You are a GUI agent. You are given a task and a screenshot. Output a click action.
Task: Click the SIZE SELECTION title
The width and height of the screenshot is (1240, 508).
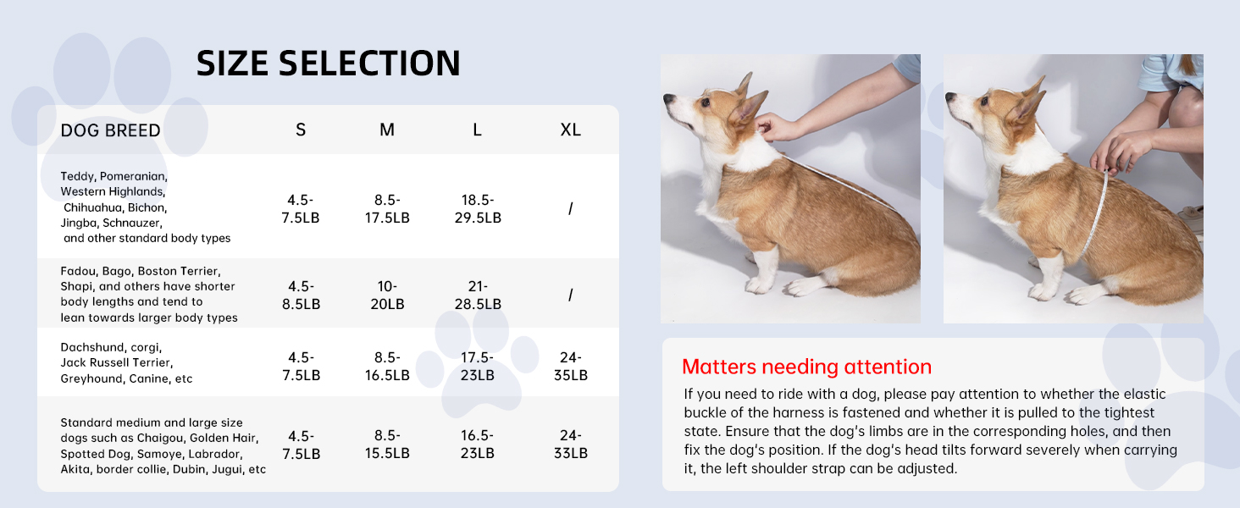[329, 63]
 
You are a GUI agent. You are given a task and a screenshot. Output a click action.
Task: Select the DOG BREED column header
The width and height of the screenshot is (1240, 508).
[111, 130]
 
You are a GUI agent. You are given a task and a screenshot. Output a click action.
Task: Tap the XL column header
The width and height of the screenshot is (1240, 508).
[570, 130]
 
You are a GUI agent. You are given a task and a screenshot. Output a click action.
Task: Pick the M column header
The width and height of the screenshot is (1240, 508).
[387, 130]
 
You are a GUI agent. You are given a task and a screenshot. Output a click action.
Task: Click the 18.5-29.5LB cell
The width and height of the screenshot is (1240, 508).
[478, 208]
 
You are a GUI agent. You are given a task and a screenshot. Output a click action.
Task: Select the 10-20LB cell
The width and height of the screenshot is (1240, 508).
[387, 295]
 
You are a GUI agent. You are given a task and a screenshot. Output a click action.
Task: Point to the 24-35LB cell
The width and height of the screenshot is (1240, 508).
[570, 366]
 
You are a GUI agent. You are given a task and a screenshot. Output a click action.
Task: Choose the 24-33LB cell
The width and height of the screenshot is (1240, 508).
[570, 444]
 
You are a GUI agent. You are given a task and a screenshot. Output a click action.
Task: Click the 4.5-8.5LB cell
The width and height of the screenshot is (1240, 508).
[301, 295]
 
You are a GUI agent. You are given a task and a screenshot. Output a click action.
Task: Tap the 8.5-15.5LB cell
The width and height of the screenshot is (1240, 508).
[387, 444]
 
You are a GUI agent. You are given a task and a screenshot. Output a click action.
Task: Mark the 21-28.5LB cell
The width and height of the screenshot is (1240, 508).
[478, 295]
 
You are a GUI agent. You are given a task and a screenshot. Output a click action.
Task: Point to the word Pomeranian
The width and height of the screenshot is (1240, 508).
[133, 176]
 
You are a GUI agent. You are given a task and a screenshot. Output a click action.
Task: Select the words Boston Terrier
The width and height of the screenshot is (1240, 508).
[179, 271]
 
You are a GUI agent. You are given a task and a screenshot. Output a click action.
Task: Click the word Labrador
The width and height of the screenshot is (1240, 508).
[214, 455]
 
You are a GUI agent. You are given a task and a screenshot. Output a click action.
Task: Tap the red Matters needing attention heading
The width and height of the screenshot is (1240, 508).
[806, 367]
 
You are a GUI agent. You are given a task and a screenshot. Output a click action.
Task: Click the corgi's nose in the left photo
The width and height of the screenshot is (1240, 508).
[668, 98]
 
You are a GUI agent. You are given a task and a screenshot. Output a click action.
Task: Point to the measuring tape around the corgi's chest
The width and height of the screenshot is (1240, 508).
[1096, 213]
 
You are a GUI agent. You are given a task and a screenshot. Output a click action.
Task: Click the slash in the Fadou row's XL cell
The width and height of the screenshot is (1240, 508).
[570, 295]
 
